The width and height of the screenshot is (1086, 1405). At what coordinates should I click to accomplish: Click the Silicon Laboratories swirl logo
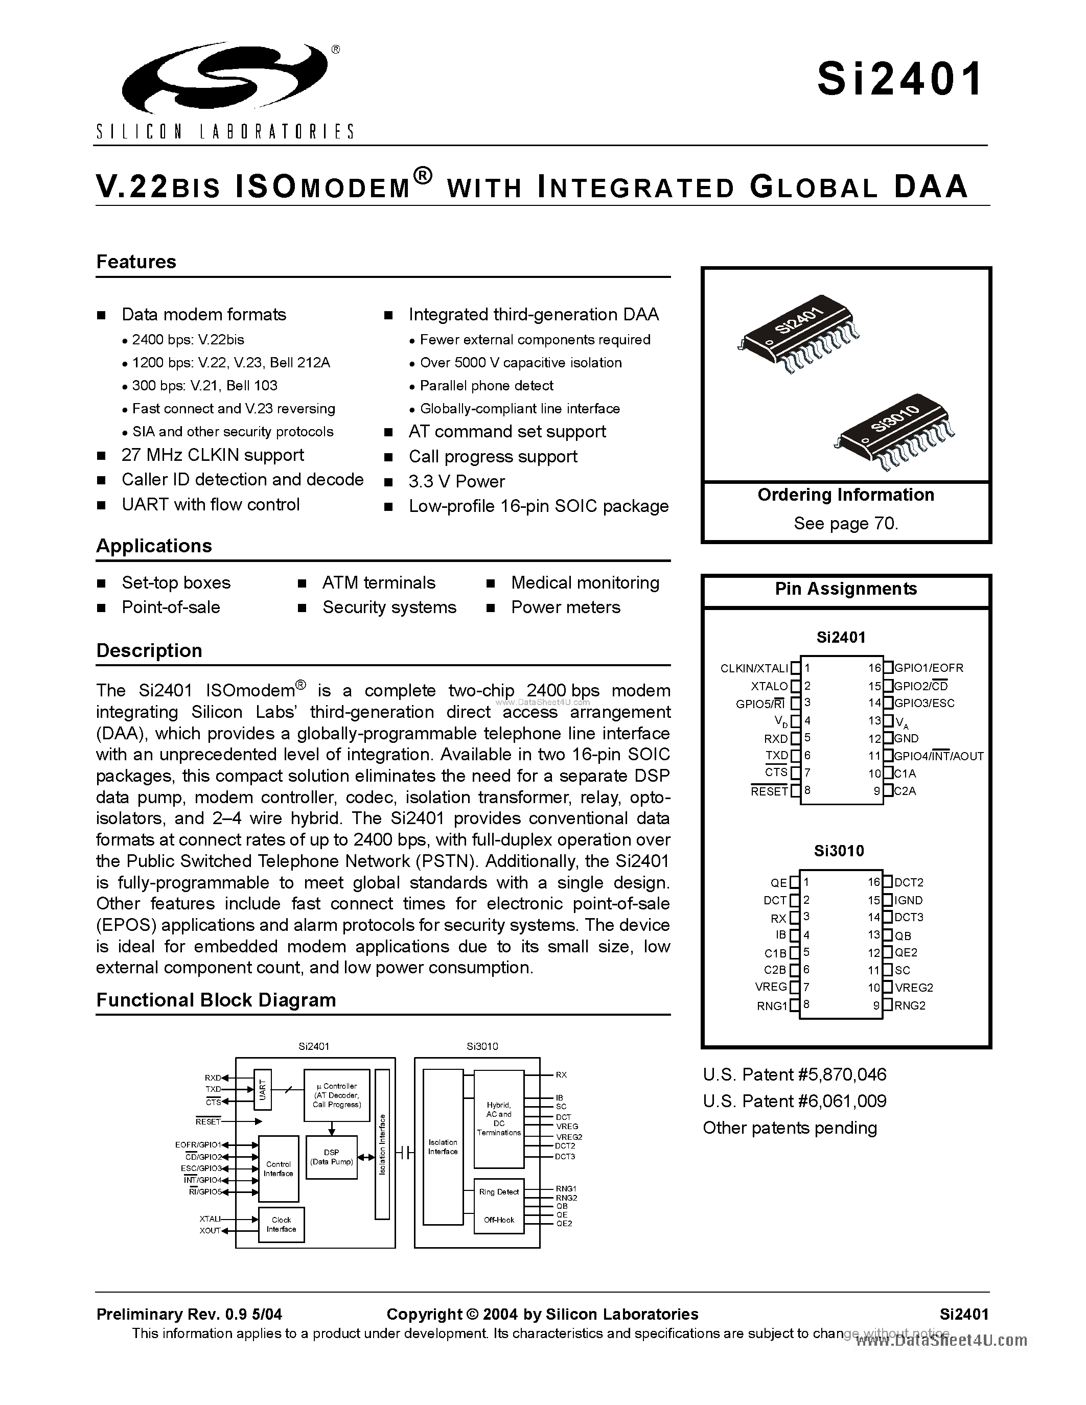[225, 77]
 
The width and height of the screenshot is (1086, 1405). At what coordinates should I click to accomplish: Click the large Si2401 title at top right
[899, 80]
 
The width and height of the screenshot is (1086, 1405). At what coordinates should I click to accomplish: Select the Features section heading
[136, 262]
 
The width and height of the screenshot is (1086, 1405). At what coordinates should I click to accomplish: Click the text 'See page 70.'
[845, 523]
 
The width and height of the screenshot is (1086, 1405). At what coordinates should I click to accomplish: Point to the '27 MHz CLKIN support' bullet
[212, 455]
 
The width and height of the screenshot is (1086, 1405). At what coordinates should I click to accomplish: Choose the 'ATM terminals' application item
[378, 583]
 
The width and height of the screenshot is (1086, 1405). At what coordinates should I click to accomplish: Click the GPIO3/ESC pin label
[924, 703]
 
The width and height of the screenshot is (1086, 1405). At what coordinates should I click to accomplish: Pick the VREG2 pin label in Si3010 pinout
[914, 988]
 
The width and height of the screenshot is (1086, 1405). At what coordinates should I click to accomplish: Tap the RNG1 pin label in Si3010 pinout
[772, 1005]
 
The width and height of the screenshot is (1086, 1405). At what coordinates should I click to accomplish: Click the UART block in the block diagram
[263, 1089]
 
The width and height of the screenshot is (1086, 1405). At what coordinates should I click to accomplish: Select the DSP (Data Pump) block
[331, 1157]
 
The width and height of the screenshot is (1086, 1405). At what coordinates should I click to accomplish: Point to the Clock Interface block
[281, 1224]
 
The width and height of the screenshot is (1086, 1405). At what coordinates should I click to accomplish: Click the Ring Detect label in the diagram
[499, 1192]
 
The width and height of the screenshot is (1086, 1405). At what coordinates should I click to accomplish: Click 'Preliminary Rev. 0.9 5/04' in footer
[189, 1314]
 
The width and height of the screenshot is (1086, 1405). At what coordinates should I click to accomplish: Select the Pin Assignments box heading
[845, 589]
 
